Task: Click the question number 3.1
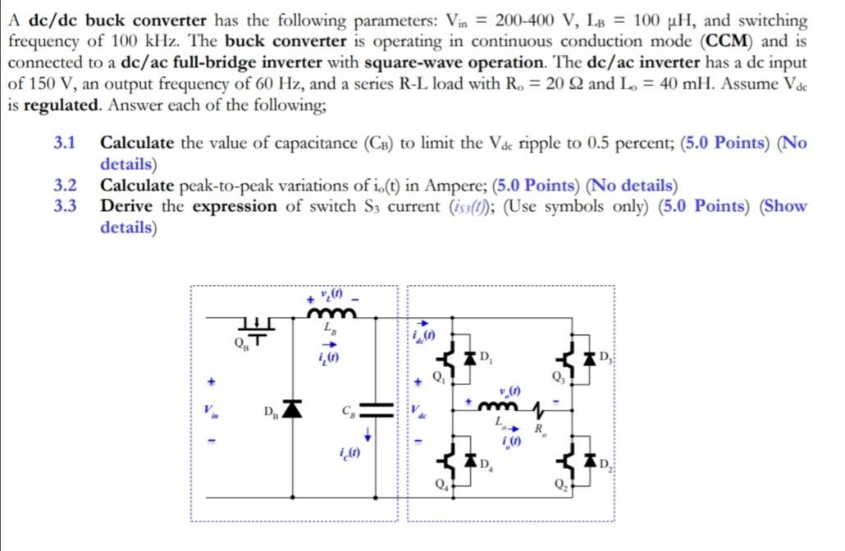point(65,144)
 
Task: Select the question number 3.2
point(65,186)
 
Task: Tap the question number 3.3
point(65,206)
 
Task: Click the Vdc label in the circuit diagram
point(419,410)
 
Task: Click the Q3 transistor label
point(560,378)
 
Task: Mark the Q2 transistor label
point(560,483)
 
